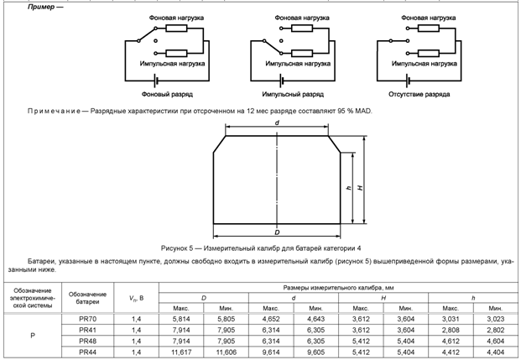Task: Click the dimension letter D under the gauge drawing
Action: click(x=277, y=229)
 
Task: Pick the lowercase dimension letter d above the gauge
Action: click(x=276, y=123)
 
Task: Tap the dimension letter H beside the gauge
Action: click(x=360, y=188)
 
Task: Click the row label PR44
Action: click(x=87, y=353)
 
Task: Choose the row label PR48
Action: click(x=87, y=342)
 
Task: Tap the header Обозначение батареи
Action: click(x=87, y=297)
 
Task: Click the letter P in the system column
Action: click(x=31, y=337)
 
